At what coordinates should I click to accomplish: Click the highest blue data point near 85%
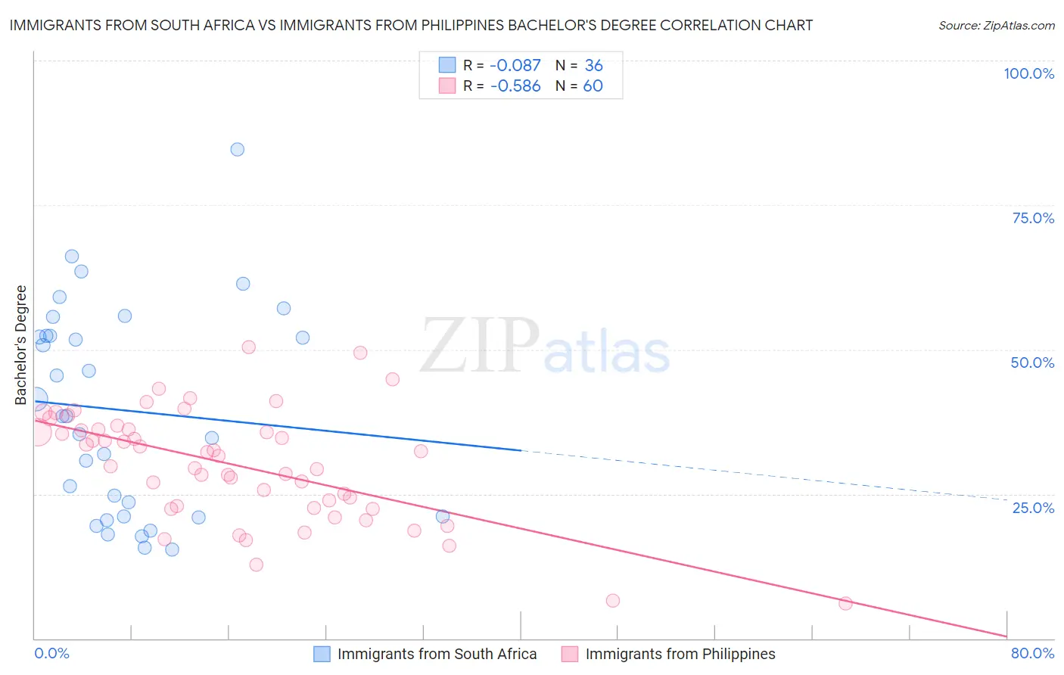pyautogui.click(x=238, y=149)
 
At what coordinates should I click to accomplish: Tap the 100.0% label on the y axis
pyautogui.click(x=1028, y=73)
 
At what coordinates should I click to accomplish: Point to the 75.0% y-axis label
pyautogui.click(x=1033, y=218)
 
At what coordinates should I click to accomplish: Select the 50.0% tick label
pyautogui.click(x=1032, y=362)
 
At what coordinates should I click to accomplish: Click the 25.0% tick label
pyautogui.click(x=1033, y=507)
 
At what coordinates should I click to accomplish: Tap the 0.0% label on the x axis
pyautogui.click(x=51, y=653)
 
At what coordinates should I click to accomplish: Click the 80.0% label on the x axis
pyautogui.click(x=1032, y=653)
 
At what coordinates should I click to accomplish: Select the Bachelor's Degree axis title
pyautogui.click(x=21, y=345)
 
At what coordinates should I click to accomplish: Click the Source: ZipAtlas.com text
pyautogui.click(x=996, y=26)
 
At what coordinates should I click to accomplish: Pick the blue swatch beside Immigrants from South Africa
pyautogui.click(x=322, y=654)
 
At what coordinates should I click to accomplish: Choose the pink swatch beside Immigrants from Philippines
pyautogui.click(x=570, y=654)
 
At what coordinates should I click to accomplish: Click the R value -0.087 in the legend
pyautogui.click(x=515, y=66)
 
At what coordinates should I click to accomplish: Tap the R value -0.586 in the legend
pyautogui.click(x=515, y=86)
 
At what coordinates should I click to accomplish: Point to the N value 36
pyautogui.click(x=593, y=66)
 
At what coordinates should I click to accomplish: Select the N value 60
pyautogui.click(x=593, y=86)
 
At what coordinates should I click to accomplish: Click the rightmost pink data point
pyautogui.click(x=845, y=603)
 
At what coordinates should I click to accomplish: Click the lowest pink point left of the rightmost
pyautogui.click(x=613, y=601)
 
